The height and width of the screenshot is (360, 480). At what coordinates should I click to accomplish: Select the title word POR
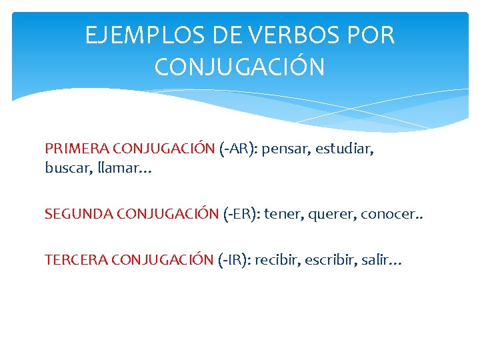point(370,35)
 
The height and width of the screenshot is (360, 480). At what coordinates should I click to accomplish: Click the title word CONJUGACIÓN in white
point(239,67)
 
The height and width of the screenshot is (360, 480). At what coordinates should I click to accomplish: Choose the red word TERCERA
point(76,260)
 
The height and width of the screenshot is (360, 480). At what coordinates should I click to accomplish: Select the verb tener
point(283,214)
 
